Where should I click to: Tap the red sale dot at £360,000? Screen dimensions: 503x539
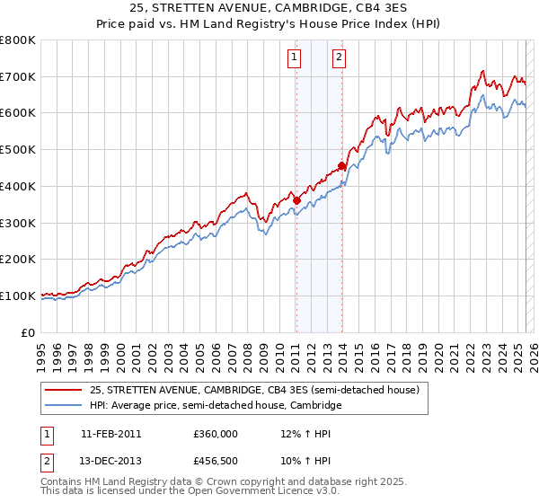coord(296,200)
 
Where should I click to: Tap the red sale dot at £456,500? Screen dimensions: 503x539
coord(341,165)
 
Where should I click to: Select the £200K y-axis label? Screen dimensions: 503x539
coord(18,259)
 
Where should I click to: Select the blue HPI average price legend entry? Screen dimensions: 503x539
coord(216,406)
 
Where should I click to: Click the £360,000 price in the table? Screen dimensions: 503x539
coord(216,433)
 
